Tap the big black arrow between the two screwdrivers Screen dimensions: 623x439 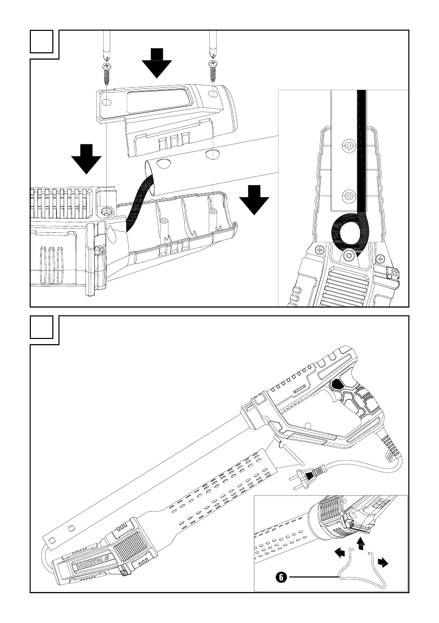pos(157,62)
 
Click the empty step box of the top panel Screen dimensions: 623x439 pos(41,41)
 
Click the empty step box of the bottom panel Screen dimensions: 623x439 pos(41,328)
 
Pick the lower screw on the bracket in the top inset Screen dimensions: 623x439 pos(346,197)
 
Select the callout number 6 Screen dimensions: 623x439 pos(281,577)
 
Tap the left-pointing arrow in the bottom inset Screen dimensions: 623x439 pos(340,551)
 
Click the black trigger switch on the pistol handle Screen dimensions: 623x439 pos(337,386)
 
